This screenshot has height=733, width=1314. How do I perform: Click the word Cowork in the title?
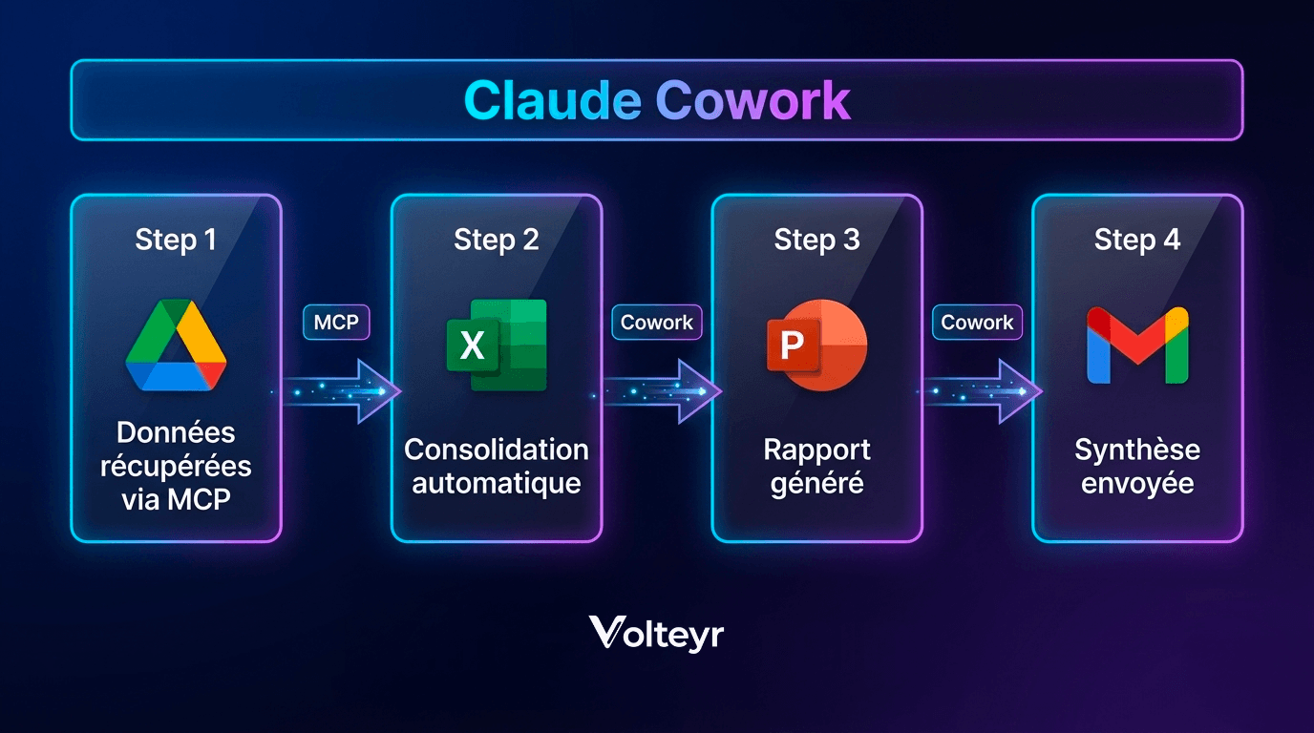coord(753,100)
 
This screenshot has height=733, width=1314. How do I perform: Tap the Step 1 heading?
coord(176,240)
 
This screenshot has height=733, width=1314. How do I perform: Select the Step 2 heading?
coord(496,240)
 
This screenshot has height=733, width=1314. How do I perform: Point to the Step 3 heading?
coord(816,240)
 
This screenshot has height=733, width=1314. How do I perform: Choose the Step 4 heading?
coord(1137,240)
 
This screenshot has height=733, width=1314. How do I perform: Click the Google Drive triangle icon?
coord(176,346)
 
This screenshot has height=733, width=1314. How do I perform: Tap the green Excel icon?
coord(496,345)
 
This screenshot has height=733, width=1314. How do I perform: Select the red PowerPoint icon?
coord(816,345)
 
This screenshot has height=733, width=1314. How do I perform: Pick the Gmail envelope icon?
coord(1137,346)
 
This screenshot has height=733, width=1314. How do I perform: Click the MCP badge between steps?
coord(336,323)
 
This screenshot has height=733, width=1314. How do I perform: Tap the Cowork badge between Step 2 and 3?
coord(657,323)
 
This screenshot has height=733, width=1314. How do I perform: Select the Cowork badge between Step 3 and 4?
coord(977,323)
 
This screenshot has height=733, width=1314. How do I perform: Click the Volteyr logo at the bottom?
coord(656,633)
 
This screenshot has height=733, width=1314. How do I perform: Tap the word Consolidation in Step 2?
coord(496,450)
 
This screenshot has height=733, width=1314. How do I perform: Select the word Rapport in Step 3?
coord(816,450)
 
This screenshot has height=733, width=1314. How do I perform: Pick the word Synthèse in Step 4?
coord(1137,450)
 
